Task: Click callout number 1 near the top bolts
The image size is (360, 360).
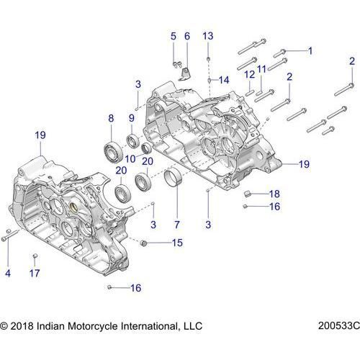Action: [x=310, y=50]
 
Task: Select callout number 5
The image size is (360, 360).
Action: [x=173, y=36]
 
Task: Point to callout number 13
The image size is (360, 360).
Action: [x=208, y=36]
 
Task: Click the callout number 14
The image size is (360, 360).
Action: [x=223, y=80]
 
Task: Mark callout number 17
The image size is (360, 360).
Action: [x=34, y=273]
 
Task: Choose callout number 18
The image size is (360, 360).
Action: [x=274, y=194]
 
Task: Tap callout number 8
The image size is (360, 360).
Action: [x=111, y=118]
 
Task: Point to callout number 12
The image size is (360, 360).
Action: [x=248, y=75]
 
